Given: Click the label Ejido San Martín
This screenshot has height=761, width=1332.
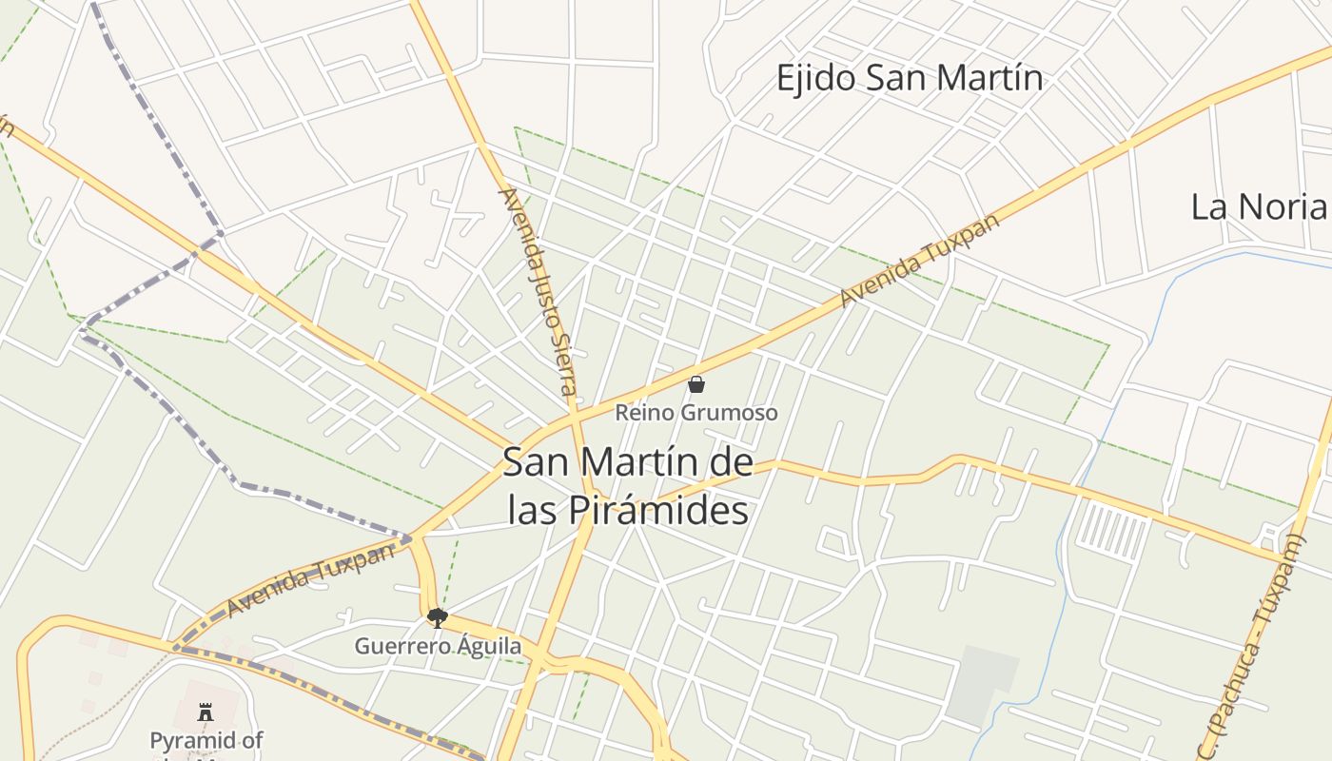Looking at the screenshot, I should [910, 78].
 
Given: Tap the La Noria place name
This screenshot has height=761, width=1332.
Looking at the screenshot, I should [1258, 206].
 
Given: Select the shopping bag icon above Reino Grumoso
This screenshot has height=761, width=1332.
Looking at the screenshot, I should [696, 384].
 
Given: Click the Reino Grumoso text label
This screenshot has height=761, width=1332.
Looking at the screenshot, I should [696, 413].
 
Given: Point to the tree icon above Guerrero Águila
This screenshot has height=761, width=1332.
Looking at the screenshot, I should [437, 618].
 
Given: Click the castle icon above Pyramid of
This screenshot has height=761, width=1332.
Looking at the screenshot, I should [205, 712].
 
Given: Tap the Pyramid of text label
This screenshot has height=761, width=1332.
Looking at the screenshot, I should [206, 740].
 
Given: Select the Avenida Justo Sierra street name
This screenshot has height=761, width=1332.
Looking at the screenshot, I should [539, 291].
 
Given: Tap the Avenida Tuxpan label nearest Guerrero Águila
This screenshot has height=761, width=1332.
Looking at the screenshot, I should [312, 579].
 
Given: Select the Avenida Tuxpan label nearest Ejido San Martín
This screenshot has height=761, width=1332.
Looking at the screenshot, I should [920, 260].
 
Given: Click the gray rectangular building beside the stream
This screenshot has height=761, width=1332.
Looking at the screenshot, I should [982, 681].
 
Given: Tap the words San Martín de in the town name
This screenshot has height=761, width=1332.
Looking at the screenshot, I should [628, 463].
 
